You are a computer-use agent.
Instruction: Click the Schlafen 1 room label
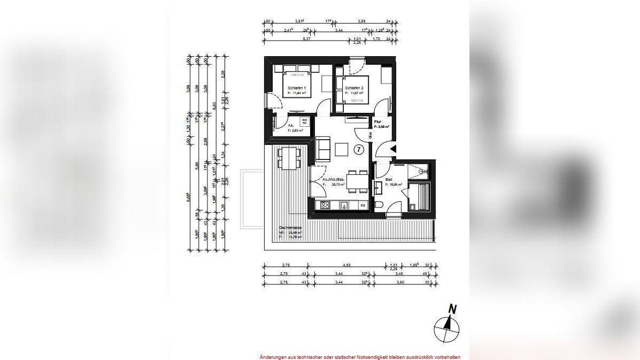[x=296, y=88]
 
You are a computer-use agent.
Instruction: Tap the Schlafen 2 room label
[x=354, y=88]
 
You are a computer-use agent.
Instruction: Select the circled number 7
[x=359, y=150]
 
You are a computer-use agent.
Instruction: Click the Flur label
[x=377, y=121]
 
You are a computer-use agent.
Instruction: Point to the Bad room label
[x=389, y=179]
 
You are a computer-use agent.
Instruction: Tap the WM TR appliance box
[x=304, y=121]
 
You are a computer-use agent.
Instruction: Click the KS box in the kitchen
[x=363, y=205]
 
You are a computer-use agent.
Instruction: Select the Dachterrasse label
[x=290, y=228]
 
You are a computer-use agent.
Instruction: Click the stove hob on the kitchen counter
[x=326, y=205]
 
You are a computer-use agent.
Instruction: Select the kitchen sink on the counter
[x=344, y=205]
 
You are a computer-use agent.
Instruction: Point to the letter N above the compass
[x=452, y=309]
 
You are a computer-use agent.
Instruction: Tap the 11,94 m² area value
[x=298, y=93]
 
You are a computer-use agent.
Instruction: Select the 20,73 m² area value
[x=337, y=184]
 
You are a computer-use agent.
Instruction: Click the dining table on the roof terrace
[x=289, y=158]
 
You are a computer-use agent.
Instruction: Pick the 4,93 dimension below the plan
[x=346, y=264]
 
